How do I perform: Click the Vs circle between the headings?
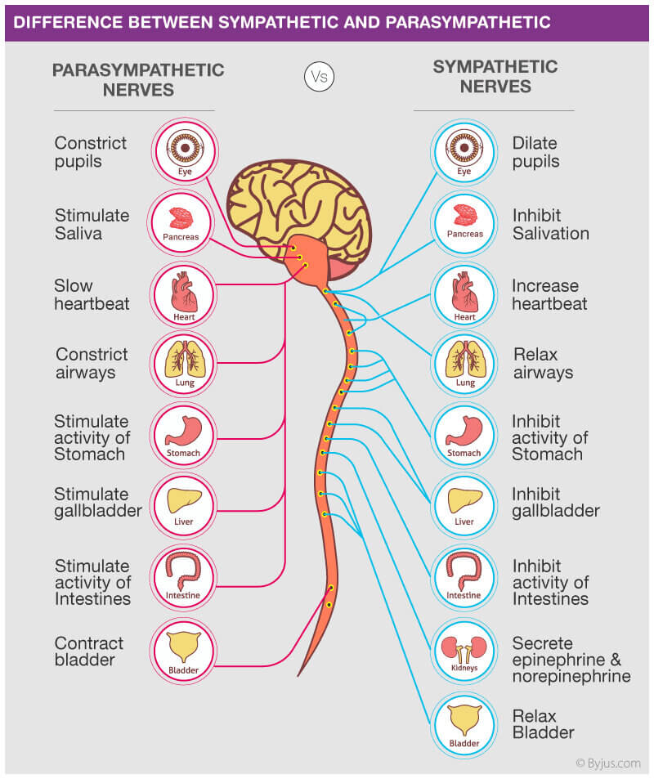coord(319,77)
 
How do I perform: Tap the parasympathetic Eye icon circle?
coord(184,150)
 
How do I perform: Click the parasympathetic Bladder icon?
coord(184,651)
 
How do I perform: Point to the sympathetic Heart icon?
coord(464,295)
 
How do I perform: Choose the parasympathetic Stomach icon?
coord(184,434)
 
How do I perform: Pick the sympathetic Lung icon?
coord(464,364)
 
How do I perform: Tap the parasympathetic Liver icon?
coord(184,504)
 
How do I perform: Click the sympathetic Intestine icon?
coord(464,577)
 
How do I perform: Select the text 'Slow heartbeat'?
coord(92,295)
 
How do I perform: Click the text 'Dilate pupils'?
coord(535,152)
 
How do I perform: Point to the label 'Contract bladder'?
coord(89,651)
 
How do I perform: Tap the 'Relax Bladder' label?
coord(544,723)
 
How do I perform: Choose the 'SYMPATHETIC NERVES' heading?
coord(495,77)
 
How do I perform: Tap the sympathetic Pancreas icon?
coord(464,223)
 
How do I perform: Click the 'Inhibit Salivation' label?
coord(550,224)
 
